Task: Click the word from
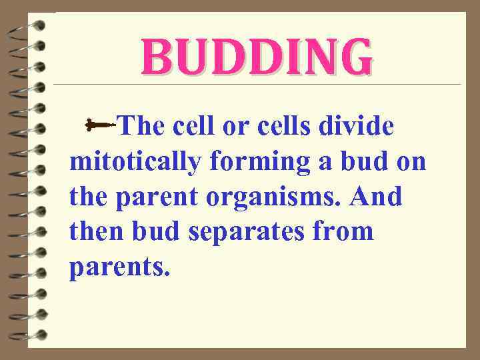point(346,233)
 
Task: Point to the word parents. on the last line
point(120,269)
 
